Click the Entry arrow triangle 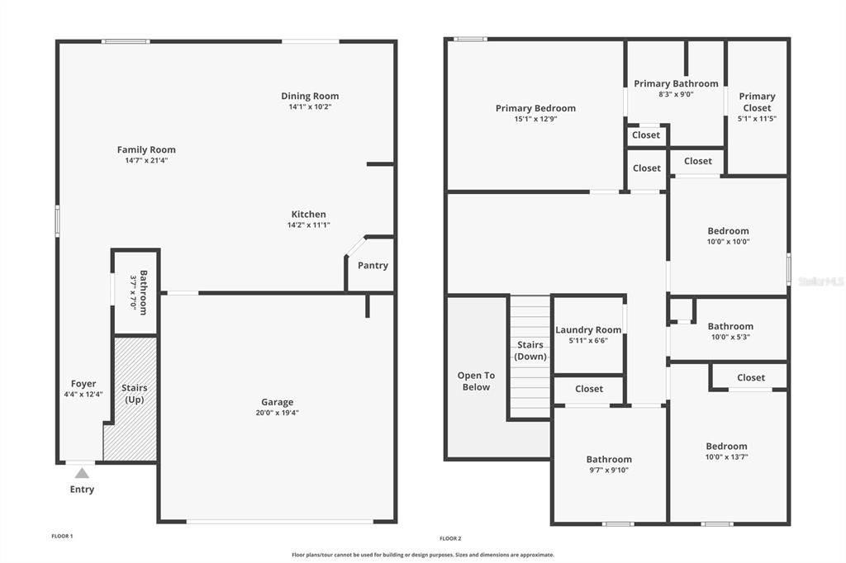81,473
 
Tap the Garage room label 277,402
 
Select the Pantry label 373,265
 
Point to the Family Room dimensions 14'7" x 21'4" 146,160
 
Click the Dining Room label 310,96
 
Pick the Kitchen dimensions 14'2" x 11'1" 309,225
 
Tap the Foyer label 83,383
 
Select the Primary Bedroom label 535,108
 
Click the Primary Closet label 757,102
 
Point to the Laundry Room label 588,329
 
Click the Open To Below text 476,381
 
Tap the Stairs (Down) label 530,350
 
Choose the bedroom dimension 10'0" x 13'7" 726,457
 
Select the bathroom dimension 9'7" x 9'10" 609,470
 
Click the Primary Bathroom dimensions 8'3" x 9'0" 676,94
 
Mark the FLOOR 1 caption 62,537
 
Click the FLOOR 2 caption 450,538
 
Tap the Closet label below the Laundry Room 589,388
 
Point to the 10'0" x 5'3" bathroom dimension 730,337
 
